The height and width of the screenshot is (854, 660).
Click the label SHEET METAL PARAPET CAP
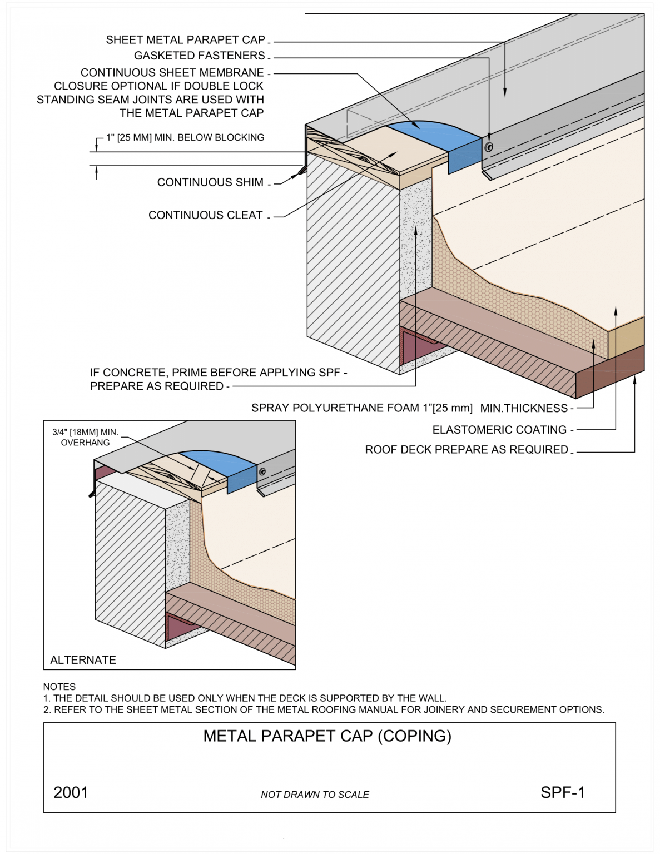tap(185, 40)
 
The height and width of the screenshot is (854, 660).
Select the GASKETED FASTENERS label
tap(199, 56)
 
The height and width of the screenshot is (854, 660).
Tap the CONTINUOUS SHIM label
tap(210, 182)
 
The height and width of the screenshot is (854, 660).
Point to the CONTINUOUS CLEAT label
tap(205, 215)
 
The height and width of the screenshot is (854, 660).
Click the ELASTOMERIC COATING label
tap(499, 430)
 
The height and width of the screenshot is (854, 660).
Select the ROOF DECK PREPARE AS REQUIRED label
tap(466, 450)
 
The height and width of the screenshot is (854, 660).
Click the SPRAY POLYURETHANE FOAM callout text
tap(409, 408)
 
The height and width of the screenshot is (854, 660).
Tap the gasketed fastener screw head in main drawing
tap(489, 147)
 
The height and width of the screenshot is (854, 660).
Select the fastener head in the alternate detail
tap(262, 471)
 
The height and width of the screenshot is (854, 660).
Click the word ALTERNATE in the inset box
tap(83, 660)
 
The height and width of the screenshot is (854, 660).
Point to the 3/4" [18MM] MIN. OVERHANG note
tap(85, 437)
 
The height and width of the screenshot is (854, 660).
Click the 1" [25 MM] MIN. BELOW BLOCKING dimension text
tap(185, 137)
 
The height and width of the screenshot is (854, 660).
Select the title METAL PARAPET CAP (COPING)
tap(327, 736)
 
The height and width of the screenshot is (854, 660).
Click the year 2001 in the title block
tap(71, 792)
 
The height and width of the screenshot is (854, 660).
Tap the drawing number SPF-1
tap(562, 792)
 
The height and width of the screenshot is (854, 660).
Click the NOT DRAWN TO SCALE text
tap(315, 795)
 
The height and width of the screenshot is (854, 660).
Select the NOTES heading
tap(59, 687)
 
